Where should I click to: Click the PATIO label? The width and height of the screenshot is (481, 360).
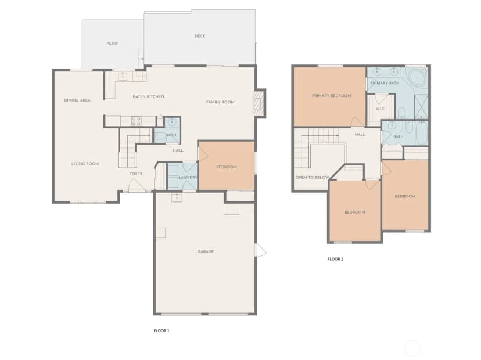tap(112, 44)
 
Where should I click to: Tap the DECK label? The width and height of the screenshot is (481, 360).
tap(200, 36)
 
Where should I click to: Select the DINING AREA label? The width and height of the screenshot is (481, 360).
tap(77, 100)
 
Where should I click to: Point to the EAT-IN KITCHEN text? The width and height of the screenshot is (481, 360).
tap(149, 96)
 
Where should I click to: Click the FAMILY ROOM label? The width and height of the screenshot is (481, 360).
tap(220, 102)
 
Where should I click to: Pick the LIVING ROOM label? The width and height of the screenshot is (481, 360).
tap(85, 164)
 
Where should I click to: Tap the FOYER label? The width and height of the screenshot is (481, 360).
tap(136, 174)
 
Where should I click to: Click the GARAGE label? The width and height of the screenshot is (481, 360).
tap(206, 252)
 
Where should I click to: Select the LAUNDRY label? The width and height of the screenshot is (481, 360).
tap(188, 177)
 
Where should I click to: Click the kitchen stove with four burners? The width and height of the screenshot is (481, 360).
tap(136, 121)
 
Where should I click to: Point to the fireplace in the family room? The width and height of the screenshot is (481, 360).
tap(259, 103)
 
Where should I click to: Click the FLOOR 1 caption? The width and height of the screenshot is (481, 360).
tap(161, 330)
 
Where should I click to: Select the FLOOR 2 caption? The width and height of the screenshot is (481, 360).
tap(335, 259)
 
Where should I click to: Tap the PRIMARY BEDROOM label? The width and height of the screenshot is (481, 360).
tap(331, 96)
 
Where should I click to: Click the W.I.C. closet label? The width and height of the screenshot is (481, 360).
tap(380, 109)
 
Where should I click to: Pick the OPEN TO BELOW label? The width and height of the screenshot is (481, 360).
tap(313, 177)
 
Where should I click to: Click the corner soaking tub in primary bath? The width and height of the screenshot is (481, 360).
tap(417, 78)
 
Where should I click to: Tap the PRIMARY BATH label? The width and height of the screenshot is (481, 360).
tap(385, 83)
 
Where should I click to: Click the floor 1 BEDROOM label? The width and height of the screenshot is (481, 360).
tap(227, 167)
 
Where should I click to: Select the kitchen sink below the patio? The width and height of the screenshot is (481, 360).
tap(123, 76)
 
